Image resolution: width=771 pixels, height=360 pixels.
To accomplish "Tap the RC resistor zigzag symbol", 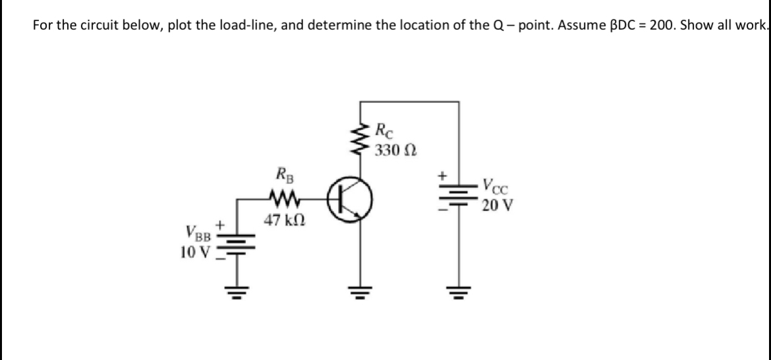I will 360,139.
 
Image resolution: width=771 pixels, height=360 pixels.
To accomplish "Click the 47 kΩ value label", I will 283,219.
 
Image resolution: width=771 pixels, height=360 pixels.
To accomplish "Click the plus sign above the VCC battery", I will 444,177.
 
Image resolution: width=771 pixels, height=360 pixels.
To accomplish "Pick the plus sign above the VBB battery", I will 223,226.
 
